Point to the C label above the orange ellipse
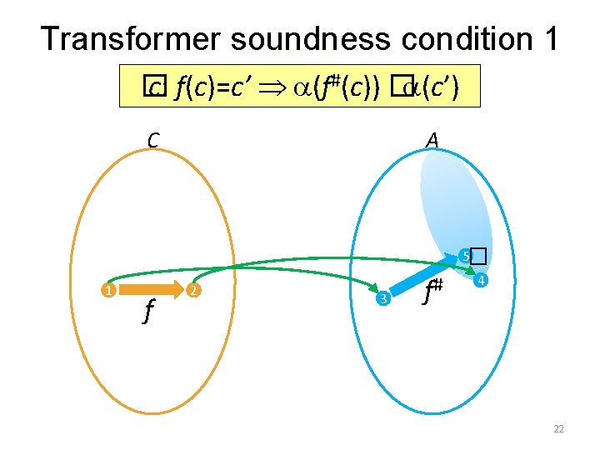pyautogui.click(x=152, y=140)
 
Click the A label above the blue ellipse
pyautogui.click(x=432, y=140)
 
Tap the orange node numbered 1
pyautogui.click(x=107, y=291)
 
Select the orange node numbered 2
pyautogui.click(x=192, y=291)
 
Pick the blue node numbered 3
pyautogui.click(x=382, y=298)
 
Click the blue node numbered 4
pyautogui.click(x=481, y=282)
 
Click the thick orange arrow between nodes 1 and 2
pyautogui.click(x=150, y=291)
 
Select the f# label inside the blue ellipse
pyautogui.click(x=432, y=292)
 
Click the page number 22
pyautogui.click(x=558, y=429)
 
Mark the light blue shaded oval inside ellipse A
pyautogui.click(x=454, y=200)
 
